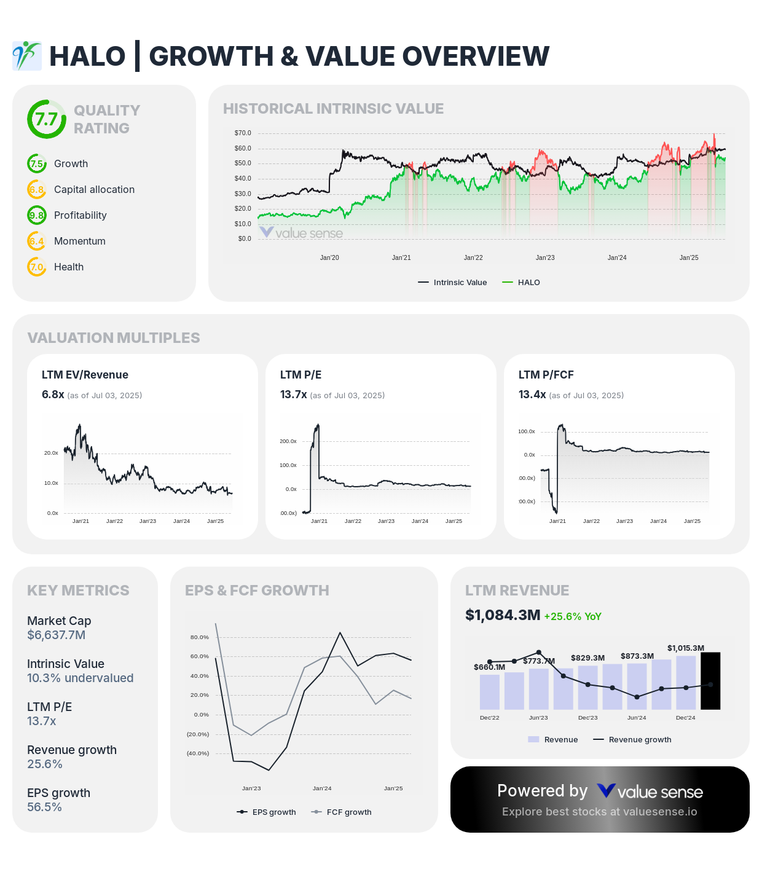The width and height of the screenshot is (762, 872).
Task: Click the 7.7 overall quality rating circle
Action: coord(46,119)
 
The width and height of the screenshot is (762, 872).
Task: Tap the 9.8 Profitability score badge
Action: coord(37,215)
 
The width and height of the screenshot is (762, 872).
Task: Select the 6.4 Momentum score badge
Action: coord(37,241)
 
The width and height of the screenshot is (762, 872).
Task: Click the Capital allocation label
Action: coord(94,189)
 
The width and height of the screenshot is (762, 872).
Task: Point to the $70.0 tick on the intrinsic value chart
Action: coord(243,133)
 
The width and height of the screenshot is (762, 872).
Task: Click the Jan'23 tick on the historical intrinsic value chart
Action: coord(545,257)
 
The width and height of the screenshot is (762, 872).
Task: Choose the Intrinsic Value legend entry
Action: coord(453,282)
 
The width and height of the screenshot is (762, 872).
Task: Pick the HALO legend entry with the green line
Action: coord(521,282)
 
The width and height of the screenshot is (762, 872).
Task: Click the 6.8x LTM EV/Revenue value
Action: coord(53,395)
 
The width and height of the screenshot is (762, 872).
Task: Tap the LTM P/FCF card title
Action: coord(546,375)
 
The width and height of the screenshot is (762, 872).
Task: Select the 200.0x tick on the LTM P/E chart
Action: coord(288,441)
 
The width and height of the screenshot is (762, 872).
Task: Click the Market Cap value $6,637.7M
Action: coord(56,635)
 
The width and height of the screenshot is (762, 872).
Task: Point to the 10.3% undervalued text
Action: coord(80,678)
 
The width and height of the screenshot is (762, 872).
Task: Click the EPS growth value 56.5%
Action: coord(44,807)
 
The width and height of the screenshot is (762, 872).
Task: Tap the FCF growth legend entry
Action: coord(342,812)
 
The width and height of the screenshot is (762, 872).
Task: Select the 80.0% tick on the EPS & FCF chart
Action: coord(200,637)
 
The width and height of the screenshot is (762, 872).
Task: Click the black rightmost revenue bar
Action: coord(710,681)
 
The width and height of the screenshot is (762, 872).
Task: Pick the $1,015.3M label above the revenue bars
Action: coord(686,648)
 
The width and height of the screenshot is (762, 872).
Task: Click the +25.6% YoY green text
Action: coord(573,616)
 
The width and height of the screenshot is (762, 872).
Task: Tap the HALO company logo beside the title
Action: coord(26,56)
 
